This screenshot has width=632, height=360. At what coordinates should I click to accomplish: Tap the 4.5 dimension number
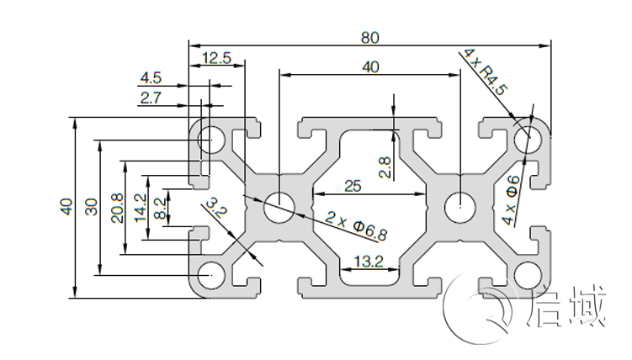coord(151,78)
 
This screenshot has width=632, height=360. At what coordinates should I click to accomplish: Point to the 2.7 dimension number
coord(151,98)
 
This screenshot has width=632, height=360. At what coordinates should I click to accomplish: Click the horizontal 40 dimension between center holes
coord(370,66)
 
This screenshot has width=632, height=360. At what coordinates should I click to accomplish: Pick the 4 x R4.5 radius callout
coord(486,71)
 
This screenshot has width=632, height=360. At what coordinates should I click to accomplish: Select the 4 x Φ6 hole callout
coord(512,200)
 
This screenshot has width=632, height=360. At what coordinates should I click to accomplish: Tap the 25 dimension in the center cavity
coord(353,185)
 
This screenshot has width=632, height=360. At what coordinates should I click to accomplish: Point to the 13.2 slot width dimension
coord(368,262)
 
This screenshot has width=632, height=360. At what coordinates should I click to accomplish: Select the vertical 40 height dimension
coord(66,206)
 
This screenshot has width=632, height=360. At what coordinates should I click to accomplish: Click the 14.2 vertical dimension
coord(140,206)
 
